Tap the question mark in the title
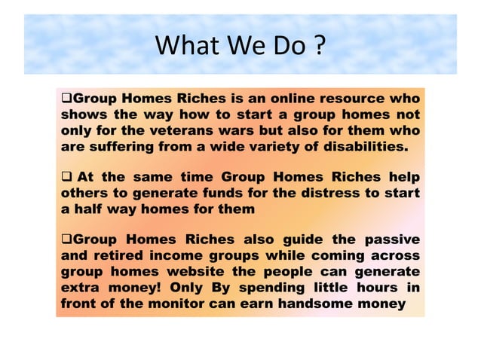click(319, 47)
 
